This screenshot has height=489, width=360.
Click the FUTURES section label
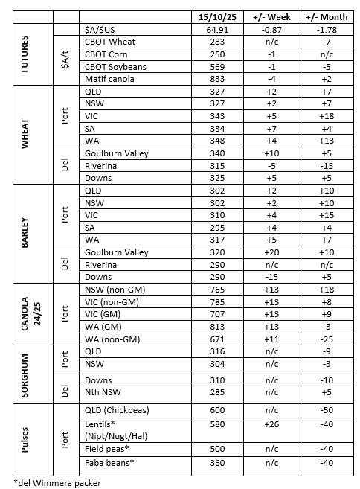point(24,56)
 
